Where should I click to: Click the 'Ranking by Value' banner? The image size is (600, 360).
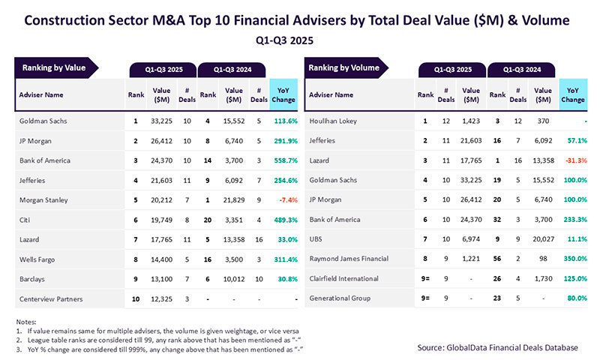click(54, 68)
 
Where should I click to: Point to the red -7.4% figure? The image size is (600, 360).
click(286, 200)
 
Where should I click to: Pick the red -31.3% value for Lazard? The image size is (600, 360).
click(573, 160)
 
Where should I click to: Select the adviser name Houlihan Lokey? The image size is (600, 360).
click(334, 121)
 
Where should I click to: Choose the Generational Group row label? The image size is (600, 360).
click(341, 298)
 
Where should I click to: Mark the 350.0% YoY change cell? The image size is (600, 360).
click(573, 259)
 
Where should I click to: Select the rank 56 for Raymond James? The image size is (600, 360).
click(496, 259)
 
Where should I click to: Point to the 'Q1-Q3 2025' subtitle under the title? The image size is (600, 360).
click(300, 37)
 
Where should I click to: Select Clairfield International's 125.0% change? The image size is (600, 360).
click(573, 279)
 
